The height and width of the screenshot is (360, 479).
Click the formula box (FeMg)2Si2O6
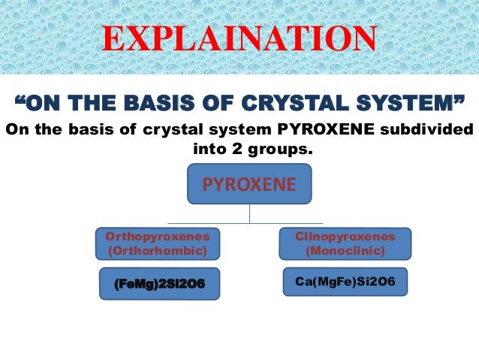(x=159, y=284)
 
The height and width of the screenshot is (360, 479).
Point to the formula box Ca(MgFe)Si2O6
(x=345, y=282)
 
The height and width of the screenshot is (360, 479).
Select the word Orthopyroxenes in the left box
(x=158, y=236)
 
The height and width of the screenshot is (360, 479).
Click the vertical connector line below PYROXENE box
(x=249, y=213)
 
